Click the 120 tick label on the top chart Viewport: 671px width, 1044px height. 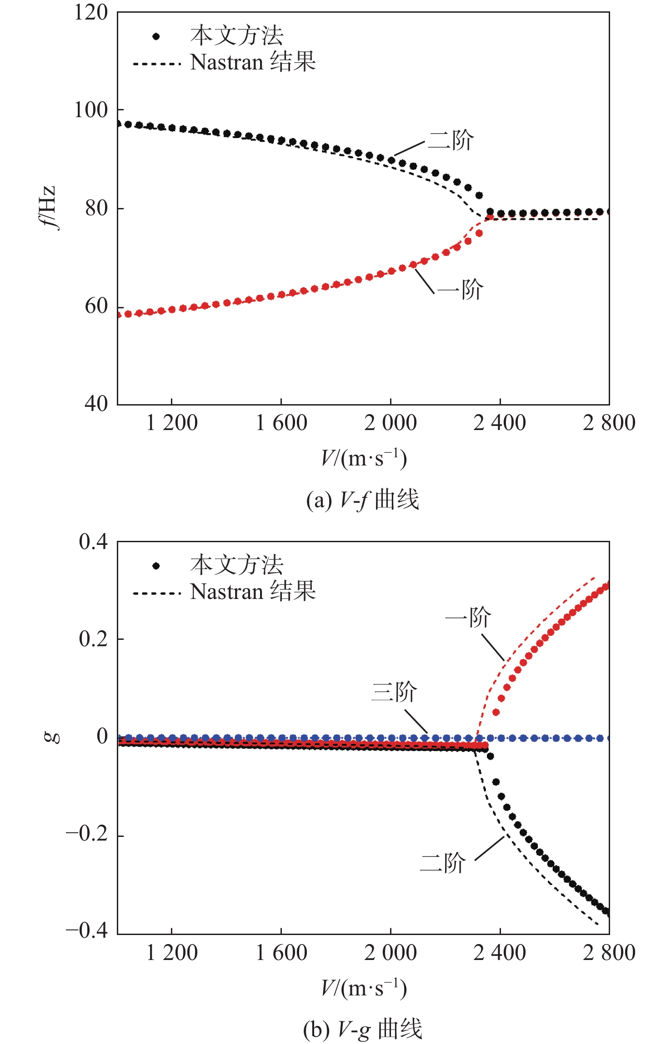(91, 13)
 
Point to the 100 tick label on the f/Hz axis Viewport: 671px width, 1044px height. (91, 110)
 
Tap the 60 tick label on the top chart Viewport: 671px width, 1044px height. (96, 307)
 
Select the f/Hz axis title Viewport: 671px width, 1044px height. (48, 208)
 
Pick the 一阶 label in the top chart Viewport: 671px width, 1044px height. (460, 289)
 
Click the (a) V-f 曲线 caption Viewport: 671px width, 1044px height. (362, 500)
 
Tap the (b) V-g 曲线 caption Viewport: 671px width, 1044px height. (362, 1029)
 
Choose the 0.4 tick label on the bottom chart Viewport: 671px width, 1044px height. (93, 542)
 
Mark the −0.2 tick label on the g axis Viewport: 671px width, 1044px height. (87, 834)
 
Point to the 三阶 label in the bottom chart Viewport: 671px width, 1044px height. (394, 692)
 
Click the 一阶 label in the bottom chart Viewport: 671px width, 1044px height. (468, 617)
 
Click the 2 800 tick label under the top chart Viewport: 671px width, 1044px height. (609, 423)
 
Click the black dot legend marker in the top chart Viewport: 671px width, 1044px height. (156, 37)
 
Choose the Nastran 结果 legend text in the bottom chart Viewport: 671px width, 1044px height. (253, 592)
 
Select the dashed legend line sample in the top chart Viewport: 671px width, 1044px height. (157, 64)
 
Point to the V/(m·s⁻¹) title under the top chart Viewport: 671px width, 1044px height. (364, 458)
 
